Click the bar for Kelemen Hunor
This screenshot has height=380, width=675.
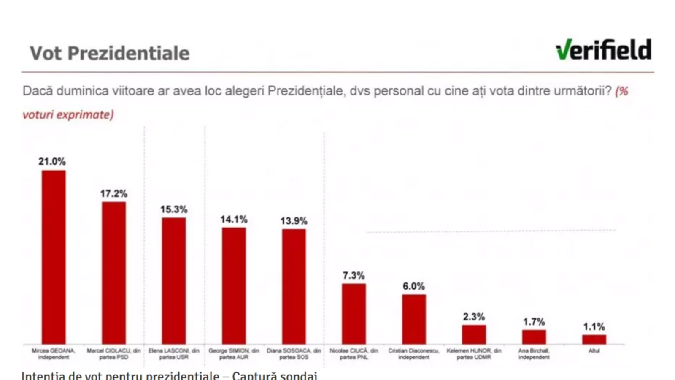(x=474, y=334)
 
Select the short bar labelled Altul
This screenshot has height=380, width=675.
(x=594, y=339)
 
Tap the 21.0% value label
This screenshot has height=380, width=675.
(x=52, y=161)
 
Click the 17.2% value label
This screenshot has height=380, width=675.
(x=113, y=193)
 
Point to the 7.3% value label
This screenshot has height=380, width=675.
(x=354, y=275)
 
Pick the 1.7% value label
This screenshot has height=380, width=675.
(x=534, y=322)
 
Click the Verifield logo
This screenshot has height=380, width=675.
(x=603, y=50)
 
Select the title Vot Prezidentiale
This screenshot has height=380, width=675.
(x=110, y=53)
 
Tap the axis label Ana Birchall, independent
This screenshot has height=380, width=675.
(x=534, y=354)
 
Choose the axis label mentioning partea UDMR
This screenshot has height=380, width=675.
(x=474, y=354)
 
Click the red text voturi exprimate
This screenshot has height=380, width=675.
(x=68, y=114)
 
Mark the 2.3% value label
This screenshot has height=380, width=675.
(x=474, y=317)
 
